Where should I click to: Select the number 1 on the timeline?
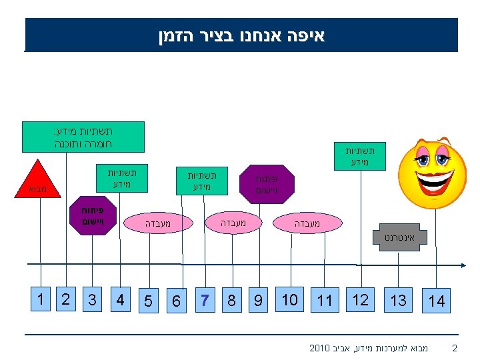pyautogui.click(x=41, y=299)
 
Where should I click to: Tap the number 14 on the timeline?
pyautogui.click(x=437, y=301)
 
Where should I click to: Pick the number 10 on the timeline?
pyautogui.click(x=289, y=299)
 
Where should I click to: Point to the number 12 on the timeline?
pyautogui.click(x=360, y=299)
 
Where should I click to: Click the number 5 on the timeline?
pyautogui.click(x=149, y=301)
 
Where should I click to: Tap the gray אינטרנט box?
pyautogui.click(x=399, y=237)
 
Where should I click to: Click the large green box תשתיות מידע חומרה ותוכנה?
pyautogui.click(x=83, y=137)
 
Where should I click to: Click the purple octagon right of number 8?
pyautogui.click(x=267, y=183)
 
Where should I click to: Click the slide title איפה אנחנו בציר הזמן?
pyautogui.click(x=241, y=35)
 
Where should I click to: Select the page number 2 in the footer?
pyautogui.click(x=455, y=347)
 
